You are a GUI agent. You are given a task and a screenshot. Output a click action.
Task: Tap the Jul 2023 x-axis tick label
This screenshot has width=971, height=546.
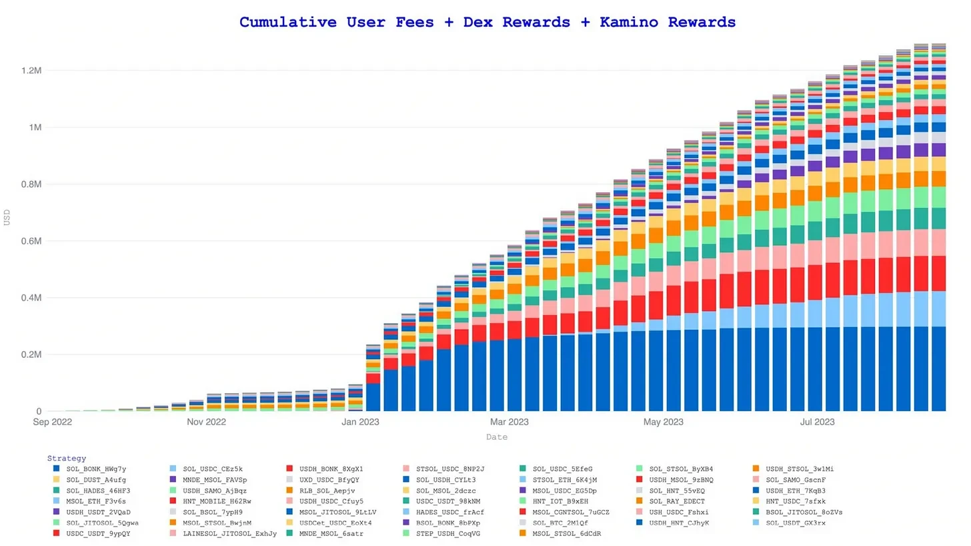tap(817, 423)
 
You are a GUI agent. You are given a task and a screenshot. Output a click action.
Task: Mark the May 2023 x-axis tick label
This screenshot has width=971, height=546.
tap(664, 423)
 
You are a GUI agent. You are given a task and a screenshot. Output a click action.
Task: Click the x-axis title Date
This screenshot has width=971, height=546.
tap(496, 437)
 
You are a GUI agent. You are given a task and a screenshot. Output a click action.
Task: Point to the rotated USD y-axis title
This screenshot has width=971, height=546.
tap(7, 217)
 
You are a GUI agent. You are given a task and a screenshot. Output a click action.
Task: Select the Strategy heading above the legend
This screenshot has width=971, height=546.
tap(66, 459)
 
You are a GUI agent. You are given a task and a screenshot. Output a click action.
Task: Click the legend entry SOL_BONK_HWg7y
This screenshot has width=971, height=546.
tap(96, 469)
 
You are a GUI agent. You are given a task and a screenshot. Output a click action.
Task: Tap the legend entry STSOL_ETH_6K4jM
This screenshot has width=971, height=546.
tap(564, 479)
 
